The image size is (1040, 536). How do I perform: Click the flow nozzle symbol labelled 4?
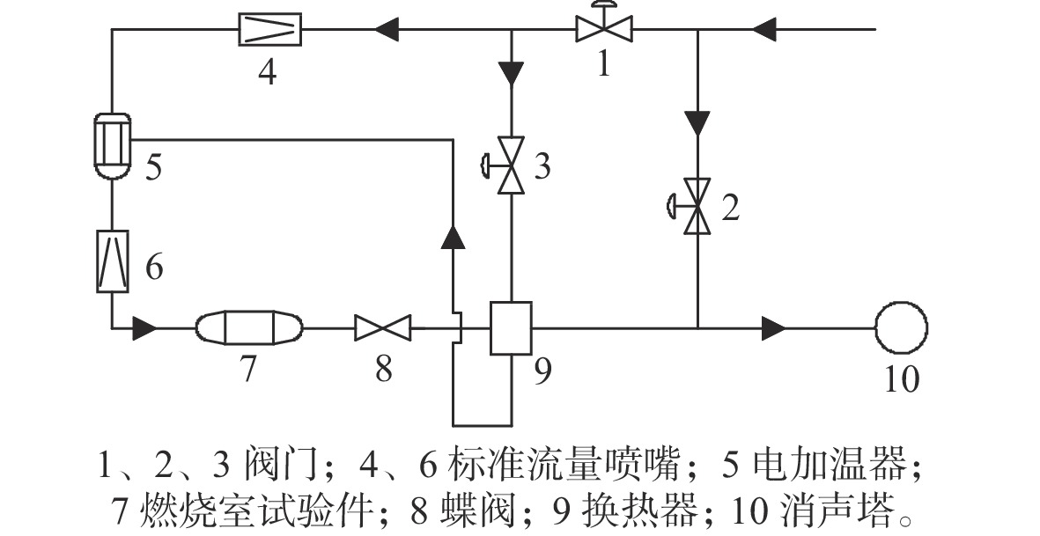270,30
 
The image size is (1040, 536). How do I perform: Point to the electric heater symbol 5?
112,146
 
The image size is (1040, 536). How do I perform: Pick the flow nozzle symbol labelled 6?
112,261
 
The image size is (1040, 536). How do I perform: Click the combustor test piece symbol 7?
248,328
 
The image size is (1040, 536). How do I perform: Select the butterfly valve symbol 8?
383,328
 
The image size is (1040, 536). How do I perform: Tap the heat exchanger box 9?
511,328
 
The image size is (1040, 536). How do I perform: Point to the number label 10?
902,379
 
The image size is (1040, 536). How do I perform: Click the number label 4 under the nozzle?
268,71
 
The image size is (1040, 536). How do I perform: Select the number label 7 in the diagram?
247,369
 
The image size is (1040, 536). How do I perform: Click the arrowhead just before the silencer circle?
774,328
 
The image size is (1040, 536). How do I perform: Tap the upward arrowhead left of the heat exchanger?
453,237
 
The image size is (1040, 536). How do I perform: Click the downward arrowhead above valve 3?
512,74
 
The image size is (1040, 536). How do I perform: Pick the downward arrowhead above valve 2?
697,123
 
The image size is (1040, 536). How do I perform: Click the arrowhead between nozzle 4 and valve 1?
387,30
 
